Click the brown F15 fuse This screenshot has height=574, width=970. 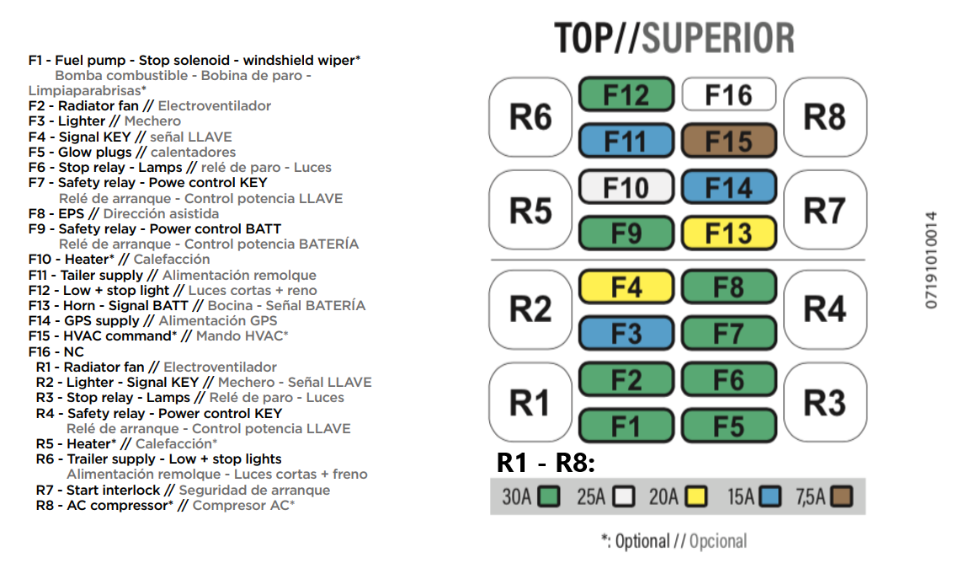[x=727, y=141]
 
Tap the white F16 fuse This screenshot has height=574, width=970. [x=727, y=94]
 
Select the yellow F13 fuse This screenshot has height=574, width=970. [x=727, y=233]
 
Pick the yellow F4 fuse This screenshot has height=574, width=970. [x=626, y=288]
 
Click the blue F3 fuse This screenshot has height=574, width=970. [x=626, y=334]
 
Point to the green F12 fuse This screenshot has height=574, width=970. [x=626, y=94]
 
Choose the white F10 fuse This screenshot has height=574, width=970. [x=626, y=187]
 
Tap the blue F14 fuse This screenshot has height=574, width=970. [x=727, y=187]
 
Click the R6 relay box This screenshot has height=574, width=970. [x=530, y=117]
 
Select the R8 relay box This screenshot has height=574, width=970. [x=824, y=117]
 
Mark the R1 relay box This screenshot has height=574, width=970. [x=530, y=403]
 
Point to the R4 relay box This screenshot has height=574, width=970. [x=824, y=309]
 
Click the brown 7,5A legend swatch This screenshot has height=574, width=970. [x=842, y=496]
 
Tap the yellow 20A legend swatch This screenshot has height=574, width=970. [x=696, y=496]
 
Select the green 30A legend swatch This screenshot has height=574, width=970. [x=550, y=496]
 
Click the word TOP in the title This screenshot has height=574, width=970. [x=588, y=39]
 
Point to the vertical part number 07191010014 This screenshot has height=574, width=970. [x=931, y=260]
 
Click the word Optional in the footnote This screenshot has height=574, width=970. [x=642, y=541]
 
